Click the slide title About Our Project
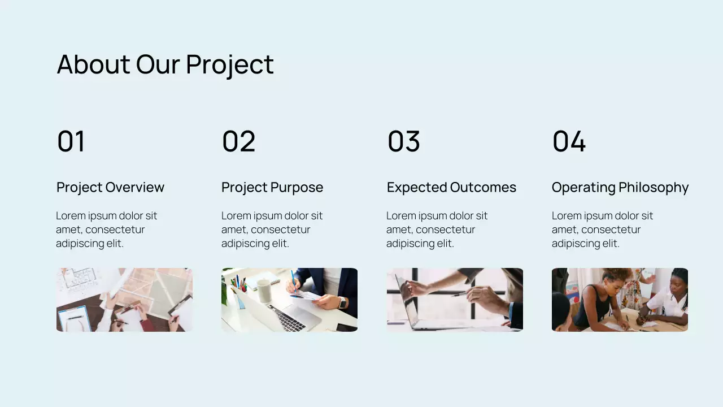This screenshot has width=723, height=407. tap(165, 64)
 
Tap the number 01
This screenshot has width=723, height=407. tap(71, 141)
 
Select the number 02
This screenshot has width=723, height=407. tap(238, 141)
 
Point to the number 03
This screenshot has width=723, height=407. tap(403, 141)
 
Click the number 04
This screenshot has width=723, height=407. tap(569, 141)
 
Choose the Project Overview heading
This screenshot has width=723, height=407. tap(110, 187)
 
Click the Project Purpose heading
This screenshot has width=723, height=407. tap(272, 187)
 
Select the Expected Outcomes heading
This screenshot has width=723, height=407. tap(451, 187)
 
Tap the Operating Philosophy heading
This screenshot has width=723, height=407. tap(620, 187)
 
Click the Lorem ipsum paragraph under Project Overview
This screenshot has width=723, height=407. tap(106, 230)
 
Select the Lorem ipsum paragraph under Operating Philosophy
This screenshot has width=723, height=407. tap(602, 230)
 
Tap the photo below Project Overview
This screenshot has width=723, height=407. tap(124, 300)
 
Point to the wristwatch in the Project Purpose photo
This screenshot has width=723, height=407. tap(342, 302)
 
